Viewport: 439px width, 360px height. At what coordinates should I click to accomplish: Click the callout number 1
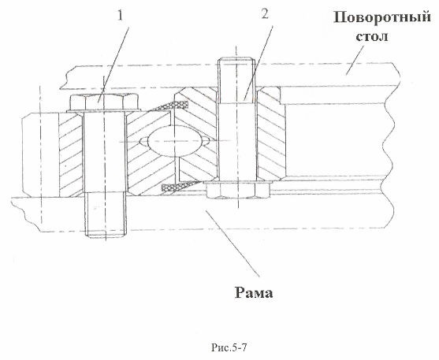tap(120, 16)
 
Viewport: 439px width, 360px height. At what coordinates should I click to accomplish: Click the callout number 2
tap(265, 14)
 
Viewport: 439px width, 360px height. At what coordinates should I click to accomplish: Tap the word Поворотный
tap(382, 18)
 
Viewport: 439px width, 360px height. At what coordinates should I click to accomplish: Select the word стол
tap(372, 36)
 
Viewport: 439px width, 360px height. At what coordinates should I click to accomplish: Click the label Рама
tap(254, 293)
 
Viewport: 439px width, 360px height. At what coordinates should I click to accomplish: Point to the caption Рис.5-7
tap(229, 348)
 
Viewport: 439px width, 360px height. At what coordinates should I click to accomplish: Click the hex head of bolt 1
tap(103, 102)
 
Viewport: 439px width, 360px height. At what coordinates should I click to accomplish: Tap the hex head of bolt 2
tap(238, 189)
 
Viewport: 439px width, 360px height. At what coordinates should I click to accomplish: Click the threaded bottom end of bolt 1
tap(105, 215)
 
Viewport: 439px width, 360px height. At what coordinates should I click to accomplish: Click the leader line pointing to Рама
tap(233, 243)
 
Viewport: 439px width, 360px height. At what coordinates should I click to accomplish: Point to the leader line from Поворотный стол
tap(355, 60)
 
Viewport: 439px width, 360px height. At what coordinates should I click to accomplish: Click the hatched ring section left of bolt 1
tap(71, 154)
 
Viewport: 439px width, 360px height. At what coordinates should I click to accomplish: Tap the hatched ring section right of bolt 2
tap(271, 134)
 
